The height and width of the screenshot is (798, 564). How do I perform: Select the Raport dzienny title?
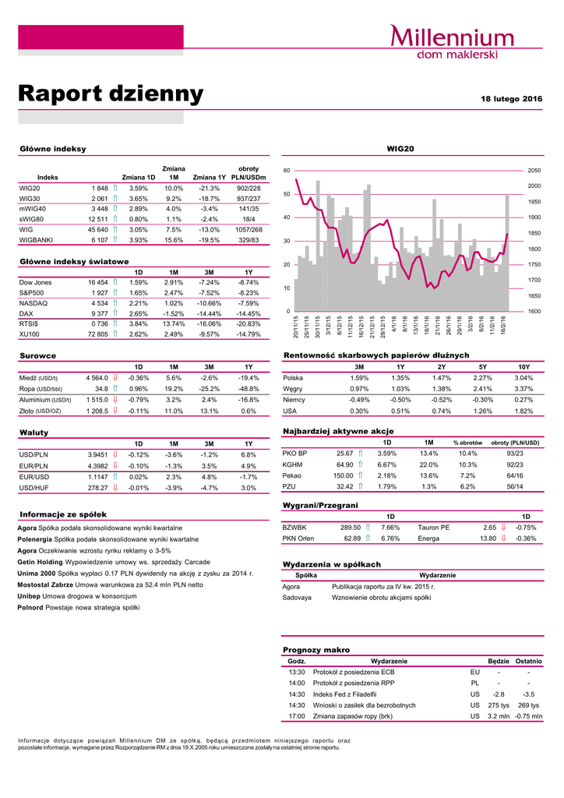tap(111, 94)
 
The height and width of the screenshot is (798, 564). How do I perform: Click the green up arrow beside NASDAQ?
tap(115, 302)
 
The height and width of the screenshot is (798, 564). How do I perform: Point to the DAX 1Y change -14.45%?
tap(248, 313)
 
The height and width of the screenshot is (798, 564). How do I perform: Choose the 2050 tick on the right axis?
tap(534, 170)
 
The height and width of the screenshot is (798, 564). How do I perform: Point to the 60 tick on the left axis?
tap(286, 170)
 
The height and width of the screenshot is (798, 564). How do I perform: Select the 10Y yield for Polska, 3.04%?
tap(523, 378)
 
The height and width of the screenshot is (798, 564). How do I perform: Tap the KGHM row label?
tap(292, 464)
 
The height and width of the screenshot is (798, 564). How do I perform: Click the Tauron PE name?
tap(433, 527)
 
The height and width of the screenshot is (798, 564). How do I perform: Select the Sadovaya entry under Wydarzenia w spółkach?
tap(297, 598)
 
